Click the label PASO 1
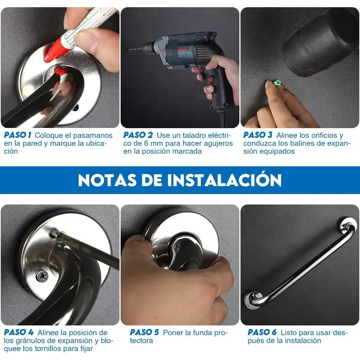tap(18, 135)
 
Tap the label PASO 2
tap(138, 135)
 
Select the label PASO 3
tap(258, 135)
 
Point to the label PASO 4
tap(19, 332)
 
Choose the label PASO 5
tap(144, 332)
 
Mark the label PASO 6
tap(262, 332)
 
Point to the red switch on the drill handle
tap(210, 80)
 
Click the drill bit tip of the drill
tap(128, 49)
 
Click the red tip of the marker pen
tap(49, 58)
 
